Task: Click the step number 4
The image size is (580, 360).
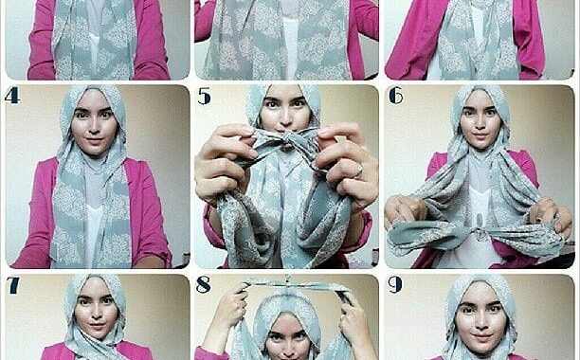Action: (12, 96)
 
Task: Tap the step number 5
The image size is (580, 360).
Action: (204, 97)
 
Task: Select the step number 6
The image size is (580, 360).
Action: (396, 96)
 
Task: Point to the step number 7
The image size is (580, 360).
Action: (13, 285)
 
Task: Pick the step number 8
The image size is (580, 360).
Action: (204, 285)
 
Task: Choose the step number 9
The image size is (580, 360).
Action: (395, 285)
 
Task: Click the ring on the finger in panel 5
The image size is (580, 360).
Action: (359, 171)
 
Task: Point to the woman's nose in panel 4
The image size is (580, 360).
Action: (94, 128)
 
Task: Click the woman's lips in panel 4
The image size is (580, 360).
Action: (94, 141)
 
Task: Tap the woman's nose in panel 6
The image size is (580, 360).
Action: (480, 124)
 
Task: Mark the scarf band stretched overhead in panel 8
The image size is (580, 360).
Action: (296, 285)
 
